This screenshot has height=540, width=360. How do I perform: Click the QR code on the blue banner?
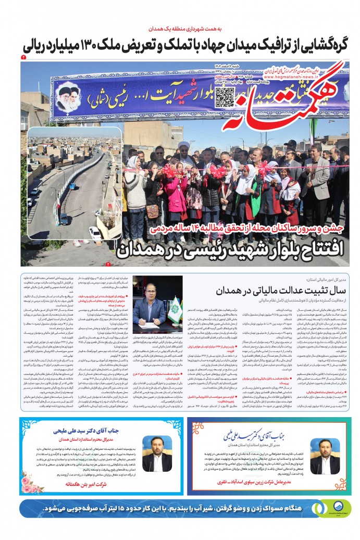[x=225, y=97]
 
